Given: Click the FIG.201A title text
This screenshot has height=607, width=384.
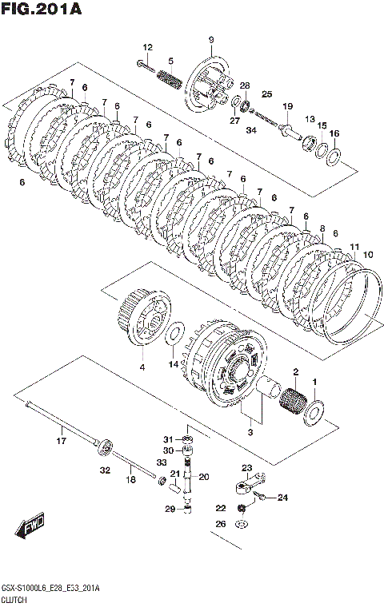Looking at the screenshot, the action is point(42,9).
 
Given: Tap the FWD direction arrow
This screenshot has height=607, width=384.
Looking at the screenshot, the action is point(30,526).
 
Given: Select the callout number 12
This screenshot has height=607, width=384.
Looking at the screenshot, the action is point(148,47).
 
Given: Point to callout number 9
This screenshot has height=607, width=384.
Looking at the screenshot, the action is point(211,39).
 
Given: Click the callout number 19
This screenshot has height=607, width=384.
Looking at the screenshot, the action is point(288,106).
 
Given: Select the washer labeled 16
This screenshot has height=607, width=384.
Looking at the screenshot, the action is point(334,157).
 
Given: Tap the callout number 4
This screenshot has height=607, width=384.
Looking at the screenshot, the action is point(142,367).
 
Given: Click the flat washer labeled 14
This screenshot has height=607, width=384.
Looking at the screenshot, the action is point(174,334).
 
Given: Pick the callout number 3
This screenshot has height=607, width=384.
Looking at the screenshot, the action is point(250,432).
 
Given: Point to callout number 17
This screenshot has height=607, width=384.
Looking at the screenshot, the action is point(62,441).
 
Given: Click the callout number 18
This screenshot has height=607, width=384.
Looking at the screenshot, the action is point(131,479).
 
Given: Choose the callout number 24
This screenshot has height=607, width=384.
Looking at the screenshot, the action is point(282,498).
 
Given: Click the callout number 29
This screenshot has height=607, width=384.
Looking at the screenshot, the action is point(170,509).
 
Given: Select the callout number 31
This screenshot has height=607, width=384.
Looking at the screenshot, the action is point(167,439).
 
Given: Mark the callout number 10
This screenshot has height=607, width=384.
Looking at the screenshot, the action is point(368,254).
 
